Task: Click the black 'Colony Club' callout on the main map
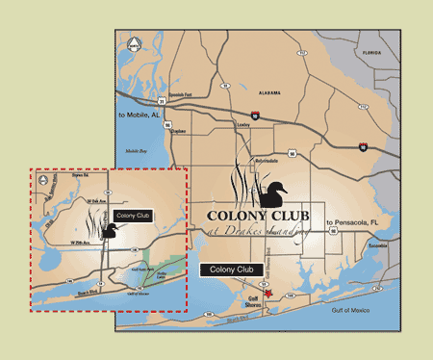[231, 271]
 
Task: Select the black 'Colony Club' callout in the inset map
[132, 216]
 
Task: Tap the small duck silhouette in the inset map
[109, 232]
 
